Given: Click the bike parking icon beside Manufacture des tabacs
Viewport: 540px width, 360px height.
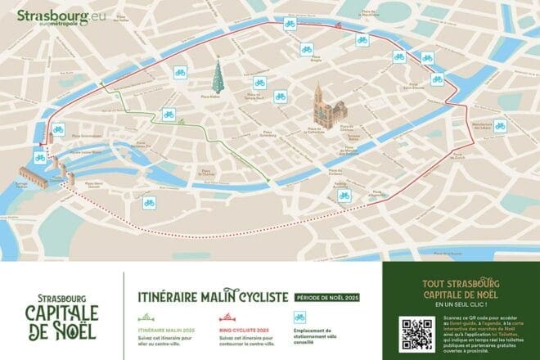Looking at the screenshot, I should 500,126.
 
